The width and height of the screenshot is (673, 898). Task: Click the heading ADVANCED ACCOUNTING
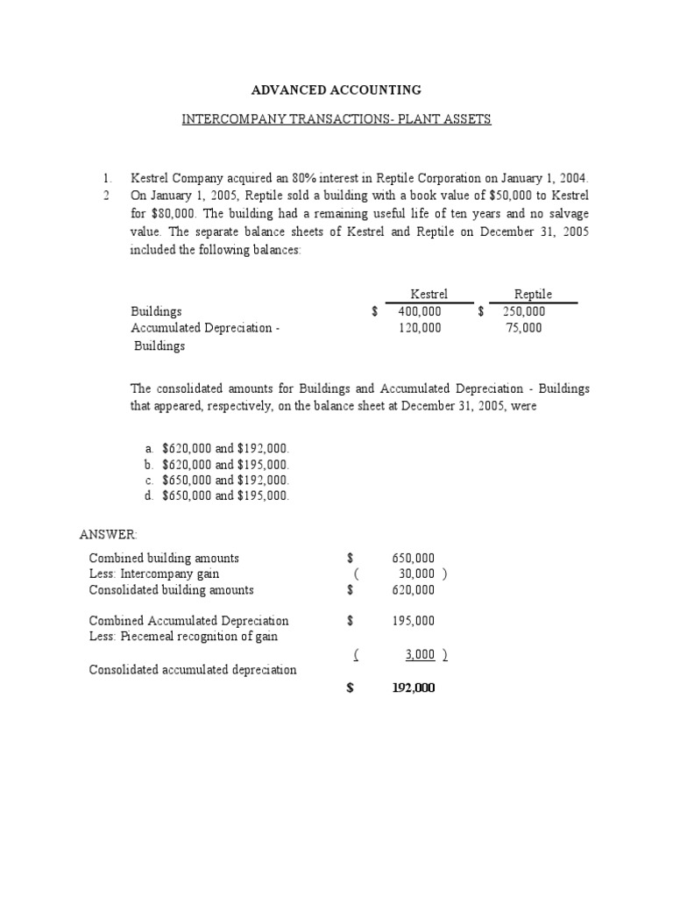(336, 90)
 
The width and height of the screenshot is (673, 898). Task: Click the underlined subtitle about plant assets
(336, 118)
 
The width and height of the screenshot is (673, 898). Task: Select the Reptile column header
(533, 295)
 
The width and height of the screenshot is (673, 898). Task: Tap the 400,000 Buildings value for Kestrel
(420, 311)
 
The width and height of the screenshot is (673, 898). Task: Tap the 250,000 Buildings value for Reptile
(524, 311)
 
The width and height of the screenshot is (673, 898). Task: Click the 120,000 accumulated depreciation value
(420, 328)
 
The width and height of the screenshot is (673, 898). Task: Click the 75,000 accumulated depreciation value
(524, 328)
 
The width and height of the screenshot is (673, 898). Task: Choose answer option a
(225, 448)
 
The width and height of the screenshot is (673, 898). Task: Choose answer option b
(225, 464)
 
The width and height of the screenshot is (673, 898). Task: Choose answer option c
(225, 480)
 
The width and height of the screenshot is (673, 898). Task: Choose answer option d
(225, 495)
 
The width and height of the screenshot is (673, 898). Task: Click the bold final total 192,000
(413, 688)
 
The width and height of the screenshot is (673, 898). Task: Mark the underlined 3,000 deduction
(420, 654)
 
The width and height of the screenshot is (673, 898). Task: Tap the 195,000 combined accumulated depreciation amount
(413, 621)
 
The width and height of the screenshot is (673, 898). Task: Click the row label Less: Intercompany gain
(154, 574)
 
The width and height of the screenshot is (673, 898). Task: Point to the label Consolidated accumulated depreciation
(193, 670)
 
